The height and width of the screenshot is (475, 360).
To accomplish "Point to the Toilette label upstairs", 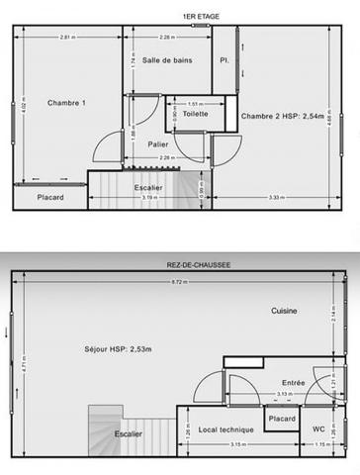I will [195, 114].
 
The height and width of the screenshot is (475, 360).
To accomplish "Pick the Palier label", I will [157, 143].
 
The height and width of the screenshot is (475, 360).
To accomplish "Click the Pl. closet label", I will [225, 61].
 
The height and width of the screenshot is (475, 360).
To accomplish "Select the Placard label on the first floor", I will [50, 197].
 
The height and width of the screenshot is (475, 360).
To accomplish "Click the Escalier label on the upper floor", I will [148, 187].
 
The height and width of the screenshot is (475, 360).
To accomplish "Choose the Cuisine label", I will [286, 311].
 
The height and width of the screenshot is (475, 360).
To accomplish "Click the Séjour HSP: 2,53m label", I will [119, 350].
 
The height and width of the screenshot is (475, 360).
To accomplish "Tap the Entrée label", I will [294, 383].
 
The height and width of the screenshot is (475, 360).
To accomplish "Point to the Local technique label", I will [226, 428].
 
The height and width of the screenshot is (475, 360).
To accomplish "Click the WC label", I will [318, 428].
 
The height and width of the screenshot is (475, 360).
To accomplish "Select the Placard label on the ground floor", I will [282, 419].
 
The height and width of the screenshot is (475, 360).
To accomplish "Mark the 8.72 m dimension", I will [178, 283].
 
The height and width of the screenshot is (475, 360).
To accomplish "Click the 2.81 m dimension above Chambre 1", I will [66, 38].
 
